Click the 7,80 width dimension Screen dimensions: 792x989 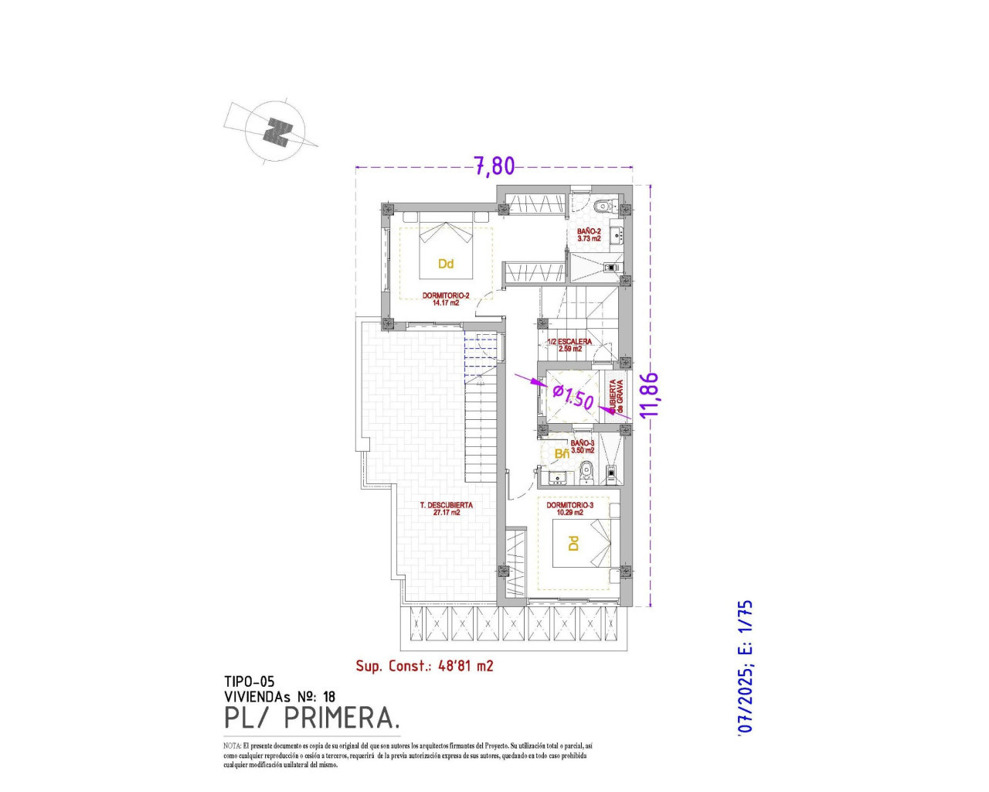tap(494, 166)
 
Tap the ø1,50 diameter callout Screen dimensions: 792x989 tap(573, 398)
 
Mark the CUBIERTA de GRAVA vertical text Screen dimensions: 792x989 tap(615, 396)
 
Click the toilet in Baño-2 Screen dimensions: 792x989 tap(603, 207)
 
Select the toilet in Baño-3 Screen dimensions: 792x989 tap(586, 469)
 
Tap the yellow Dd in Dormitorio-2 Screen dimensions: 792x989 tap(445, 264)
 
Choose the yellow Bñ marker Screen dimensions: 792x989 tap(562, 453)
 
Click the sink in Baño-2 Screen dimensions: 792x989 tap(616, 235)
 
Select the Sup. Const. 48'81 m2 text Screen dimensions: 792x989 tap(424, 665)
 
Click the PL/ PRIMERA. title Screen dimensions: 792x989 tap(312, 718)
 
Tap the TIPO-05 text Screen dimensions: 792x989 tap(249, 681)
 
